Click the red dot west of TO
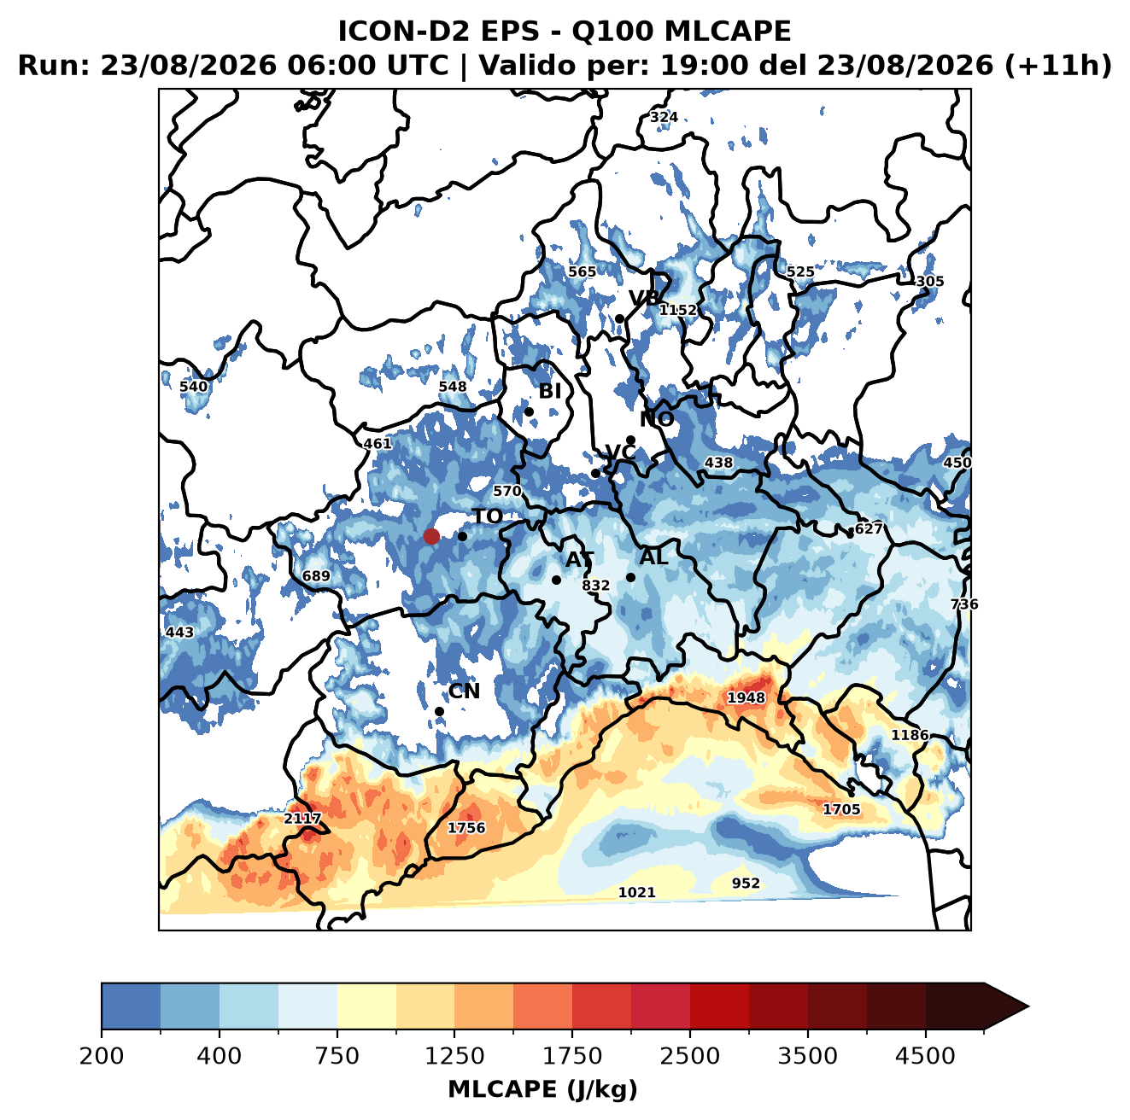tap(431, 536)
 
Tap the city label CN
tap(464, 691)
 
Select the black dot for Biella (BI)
tap(529, 411)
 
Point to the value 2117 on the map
tap(302, 819)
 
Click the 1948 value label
tap(746, 697)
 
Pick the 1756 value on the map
tap(466, 827)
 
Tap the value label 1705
tap(841, 809)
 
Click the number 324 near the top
tap(664, 117)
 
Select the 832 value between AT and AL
tap(596, 585)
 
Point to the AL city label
tap(654, 557)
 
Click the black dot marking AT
tap(556, 580)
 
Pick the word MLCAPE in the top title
tap(728, 31)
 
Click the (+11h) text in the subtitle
tap(1057, 66)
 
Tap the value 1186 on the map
tap(910, 735)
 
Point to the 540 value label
tap(194, 387)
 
